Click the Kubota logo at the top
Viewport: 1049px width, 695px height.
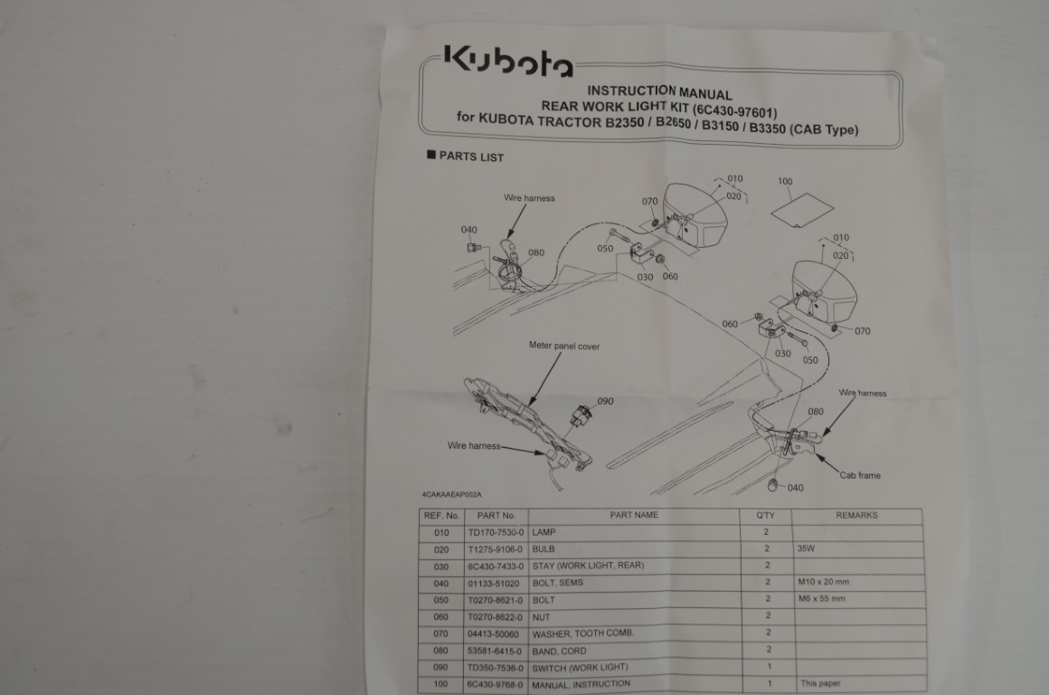(508, 62)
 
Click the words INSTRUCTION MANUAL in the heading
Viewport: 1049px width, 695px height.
(659, 92)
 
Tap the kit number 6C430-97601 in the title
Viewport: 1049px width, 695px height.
(734, 110)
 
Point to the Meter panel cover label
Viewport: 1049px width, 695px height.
(564, 347)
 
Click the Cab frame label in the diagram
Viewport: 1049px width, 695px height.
(860, 475)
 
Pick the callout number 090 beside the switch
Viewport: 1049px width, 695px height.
(606, 401)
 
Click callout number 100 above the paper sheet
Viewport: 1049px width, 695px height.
(785, 182)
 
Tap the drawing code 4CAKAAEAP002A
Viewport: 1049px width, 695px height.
(451, 495)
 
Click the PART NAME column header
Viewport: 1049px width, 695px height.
(634, 515)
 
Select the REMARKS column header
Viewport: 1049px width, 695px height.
(856, 515)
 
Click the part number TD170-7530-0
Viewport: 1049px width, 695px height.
(496, 532)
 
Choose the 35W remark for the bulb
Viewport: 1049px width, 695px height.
(806, 548)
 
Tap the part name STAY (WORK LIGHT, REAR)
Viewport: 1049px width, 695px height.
(588, 566)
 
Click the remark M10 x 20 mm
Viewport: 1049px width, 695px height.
(824, 582)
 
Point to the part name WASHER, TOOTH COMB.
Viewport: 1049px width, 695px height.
(582, 633)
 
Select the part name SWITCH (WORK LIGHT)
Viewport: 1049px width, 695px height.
(580, 668)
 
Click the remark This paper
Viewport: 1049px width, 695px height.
(821, 683)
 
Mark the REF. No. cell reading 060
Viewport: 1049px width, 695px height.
(441, 616)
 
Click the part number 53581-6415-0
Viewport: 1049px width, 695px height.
(495, 651)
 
